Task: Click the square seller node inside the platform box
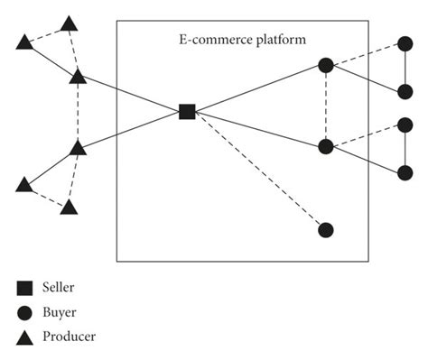(x=187, y=112)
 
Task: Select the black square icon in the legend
(x=25, y=288)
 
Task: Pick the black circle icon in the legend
(x=25, y=312)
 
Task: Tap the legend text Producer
(x=66, y=337)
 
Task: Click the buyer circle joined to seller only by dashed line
(x=326, y=230)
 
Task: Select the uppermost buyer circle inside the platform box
(x=326, y=65)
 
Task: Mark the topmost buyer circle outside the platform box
(x=405, y=42)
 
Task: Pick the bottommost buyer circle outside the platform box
(x=405, y=172)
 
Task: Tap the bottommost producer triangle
(x=69, y=207)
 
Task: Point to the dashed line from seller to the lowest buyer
(x=257, y=171)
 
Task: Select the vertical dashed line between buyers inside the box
(x=326, y=105)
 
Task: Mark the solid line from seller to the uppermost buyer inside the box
(x=257, y=88)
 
